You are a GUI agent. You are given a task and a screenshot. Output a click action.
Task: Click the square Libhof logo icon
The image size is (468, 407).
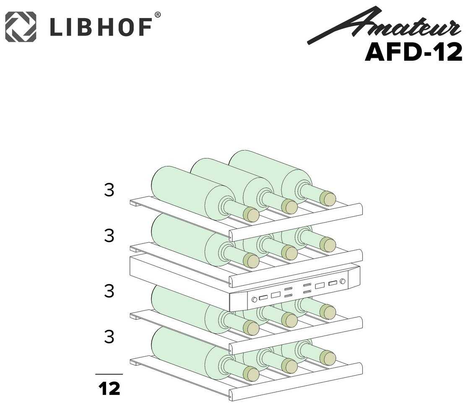click(x=21, y=27)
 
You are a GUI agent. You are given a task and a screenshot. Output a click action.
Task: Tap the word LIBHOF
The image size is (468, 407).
click(x=101, y=28)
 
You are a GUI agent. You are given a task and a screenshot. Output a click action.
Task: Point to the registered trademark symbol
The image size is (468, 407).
click(x=158, y=15)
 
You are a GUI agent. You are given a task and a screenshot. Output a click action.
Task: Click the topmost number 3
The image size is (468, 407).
click(x=109, y=191)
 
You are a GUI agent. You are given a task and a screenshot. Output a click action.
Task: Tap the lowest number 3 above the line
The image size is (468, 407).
click(x=109, y=337)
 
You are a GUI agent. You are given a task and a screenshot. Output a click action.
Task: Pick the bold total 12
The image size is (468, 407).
click(x=109, y=389)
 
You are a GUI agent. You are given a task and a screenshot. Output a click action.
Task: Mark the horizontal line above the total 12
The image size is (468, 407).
click(x=109, y=373)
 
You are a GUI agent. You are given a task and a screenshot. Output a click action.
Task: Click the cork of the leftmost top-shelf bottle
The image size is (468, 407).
click(x=251, y=214)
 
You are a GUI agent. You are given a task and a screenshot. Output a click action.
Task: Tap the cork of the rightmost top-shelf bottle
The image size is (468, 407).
click(x=328, y=198)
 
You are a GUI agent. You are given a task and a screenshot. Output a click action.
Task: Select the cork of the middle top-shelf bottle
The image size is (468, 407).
click(x=289, y=206)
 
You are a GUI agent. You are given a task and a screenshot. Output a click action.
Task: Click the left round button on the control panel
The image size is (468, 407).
click(x=254, y=300)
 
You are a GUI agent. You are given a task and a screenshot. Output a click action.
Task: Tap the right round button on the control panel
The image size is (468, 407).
click(x=343, y=282)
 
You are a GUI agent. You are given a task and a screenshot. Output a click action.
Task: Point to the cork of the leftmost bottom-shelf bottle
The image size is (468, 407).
click(x=251, y=373)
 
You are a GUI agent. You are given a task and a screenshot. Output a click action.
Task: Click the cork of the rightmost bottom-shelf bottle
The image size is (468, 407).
click(x=328, y=358)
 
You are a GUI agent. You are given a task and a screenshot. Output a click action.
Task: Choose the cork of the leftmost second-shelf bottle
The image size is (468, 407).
click(x=251, y=261)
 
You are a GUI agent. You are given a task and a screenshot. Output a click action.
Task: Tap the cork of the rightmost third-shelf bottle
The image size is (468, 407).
click(x=328, y=312)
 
